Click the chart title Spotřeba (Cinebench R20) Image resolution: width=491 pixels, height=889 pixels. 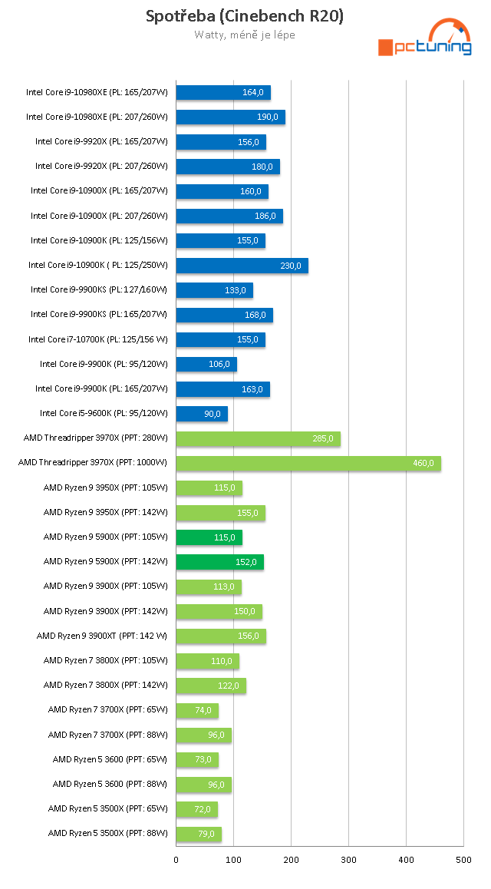245,17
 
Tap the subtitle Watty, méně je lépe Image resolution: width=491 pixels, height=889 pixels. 245,35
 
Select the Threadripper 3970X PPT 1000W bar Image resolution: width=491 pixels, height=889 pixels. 308,463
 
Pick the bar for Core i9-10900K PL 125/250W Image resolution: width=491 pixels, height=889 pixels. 242,266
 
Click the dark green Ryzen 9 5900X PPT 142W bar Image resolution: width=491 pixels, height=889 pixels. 219,561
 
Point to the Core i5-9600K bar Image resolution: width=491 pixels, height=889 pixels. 202,414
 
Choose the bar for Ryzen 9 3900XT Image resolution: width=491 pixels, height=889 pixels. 221,636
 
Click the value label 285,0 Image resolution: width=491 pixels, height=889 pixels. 323,439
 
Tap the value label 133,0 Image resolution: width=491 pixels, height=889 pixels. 236,290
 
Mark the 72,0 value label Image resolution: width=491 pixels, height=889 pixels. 201,809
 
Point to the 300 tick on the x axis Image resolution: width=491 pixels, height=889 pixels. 348,861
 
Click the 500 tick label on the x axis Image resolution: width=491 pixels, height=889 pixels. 463,861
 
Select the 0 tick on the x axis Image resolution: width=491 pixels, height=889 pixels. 176,861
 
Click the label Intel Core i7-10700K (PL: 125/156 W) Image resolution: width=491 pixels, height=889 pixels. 97,339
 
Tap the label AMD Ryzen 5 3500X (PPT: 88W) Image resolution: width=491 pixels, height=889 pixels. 107,833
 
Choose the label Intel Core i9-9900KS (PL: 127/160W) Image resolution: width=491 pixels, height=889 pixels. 99,290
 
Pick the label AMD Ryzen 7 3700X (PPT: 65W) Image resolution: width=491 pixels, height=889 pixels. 107,710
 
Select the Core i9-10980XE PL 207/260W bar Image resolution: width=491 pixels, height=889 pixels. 230,117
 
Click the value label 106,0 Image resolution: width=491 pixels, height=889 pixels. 219,364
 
